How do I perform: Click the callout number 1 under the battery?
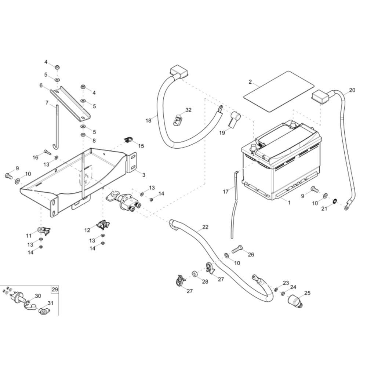tap(289, 202)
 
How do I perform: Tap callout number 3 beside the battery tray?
tap(143, 175)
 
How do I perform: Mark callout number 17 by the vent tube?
tap(226, 191)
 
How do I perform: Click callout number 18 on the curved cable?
tap(148, 120)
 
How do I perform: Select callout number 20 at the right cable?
tap(352, 90)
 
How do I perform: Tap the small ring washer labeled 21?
tap(335, 201)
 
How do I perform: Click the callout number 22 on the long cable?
tap(205, 227)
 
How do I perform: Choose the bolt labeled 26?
tap(237, 249)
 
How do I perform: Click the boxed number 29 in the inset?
tap(55, 290)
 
